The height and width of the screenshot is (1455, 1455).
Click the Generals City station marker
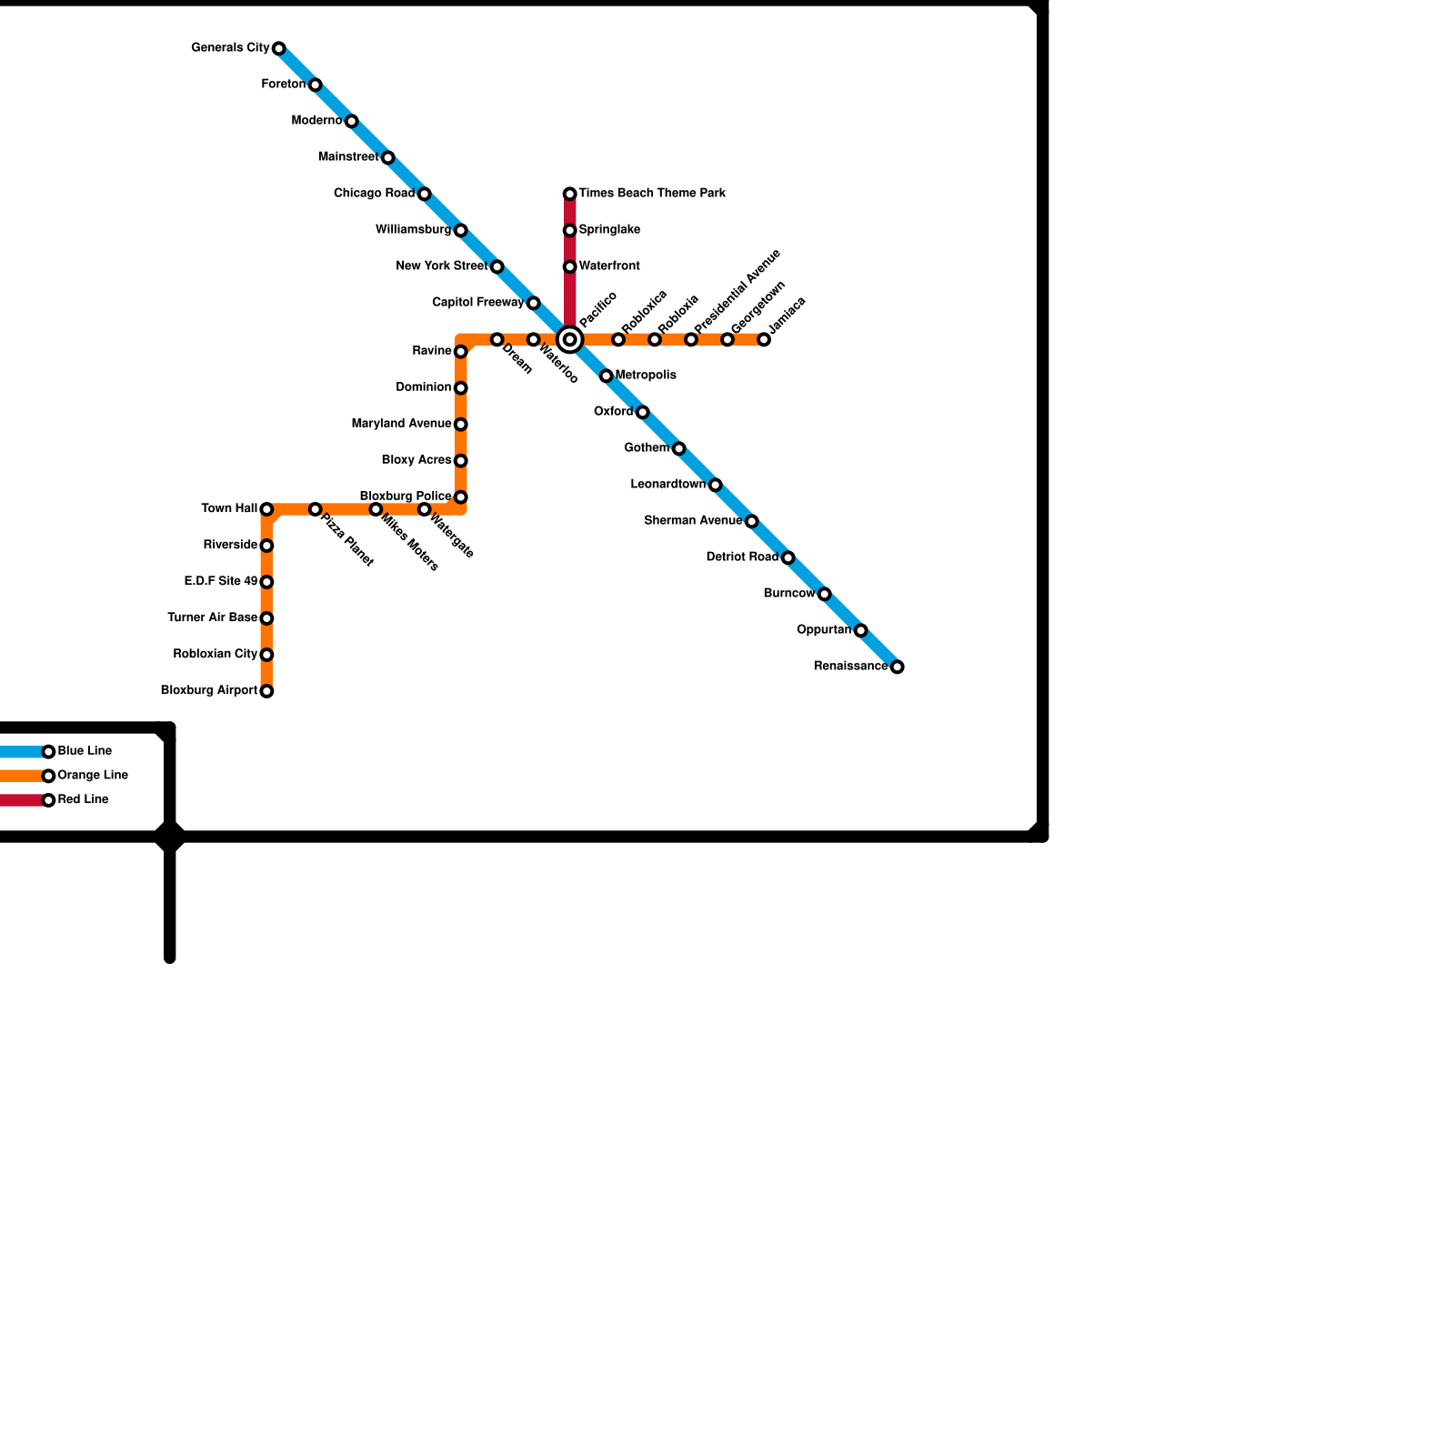pos(279,48)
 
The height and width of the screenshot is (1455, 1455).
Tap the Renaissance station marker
pos(898,667)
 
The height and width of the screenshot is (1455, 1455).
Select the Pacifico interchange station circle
pos(570,340)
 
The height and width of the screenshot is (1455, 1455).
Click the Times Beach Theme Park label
pos(651,194)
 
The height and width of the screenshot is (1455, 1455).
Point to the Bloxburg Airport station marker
pos(266,691)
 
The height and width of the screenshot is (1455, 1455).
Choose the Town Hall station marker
pos(266,509)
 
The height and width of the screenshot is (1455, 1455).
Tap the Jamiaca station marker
pos(764,340)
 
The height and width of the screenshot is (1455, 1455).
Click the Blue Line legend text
pos(85,751)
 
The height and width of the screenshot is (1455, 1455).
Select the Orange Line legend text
pos(93,776)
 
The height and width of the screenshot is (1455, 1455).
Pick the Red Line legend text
pos(83,800)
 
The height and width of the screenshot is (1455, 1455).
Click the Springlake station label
pos(609,230)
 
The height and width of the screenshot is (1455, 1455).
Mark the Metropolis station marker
pos(607,376)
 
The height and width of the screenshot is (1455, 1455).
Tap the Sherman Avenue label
pos(693,521)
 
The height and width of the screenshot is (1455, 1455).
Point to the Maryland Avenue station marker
pos(461,425)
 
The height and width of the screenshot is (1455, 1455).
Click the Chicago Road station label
pos(374,194)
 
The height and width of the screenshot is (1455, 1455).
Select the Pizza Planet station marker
pos(315,509)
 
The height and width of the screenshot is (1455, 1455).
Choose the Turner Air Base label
pos(213,618)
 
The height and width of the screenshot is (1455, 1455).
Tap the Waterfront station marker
pos(570,266)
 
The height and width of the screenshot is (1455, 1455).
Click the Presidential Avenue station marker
pos(691,340)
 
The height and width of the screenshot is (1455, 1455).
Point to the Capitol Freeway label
pos(478,303)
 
